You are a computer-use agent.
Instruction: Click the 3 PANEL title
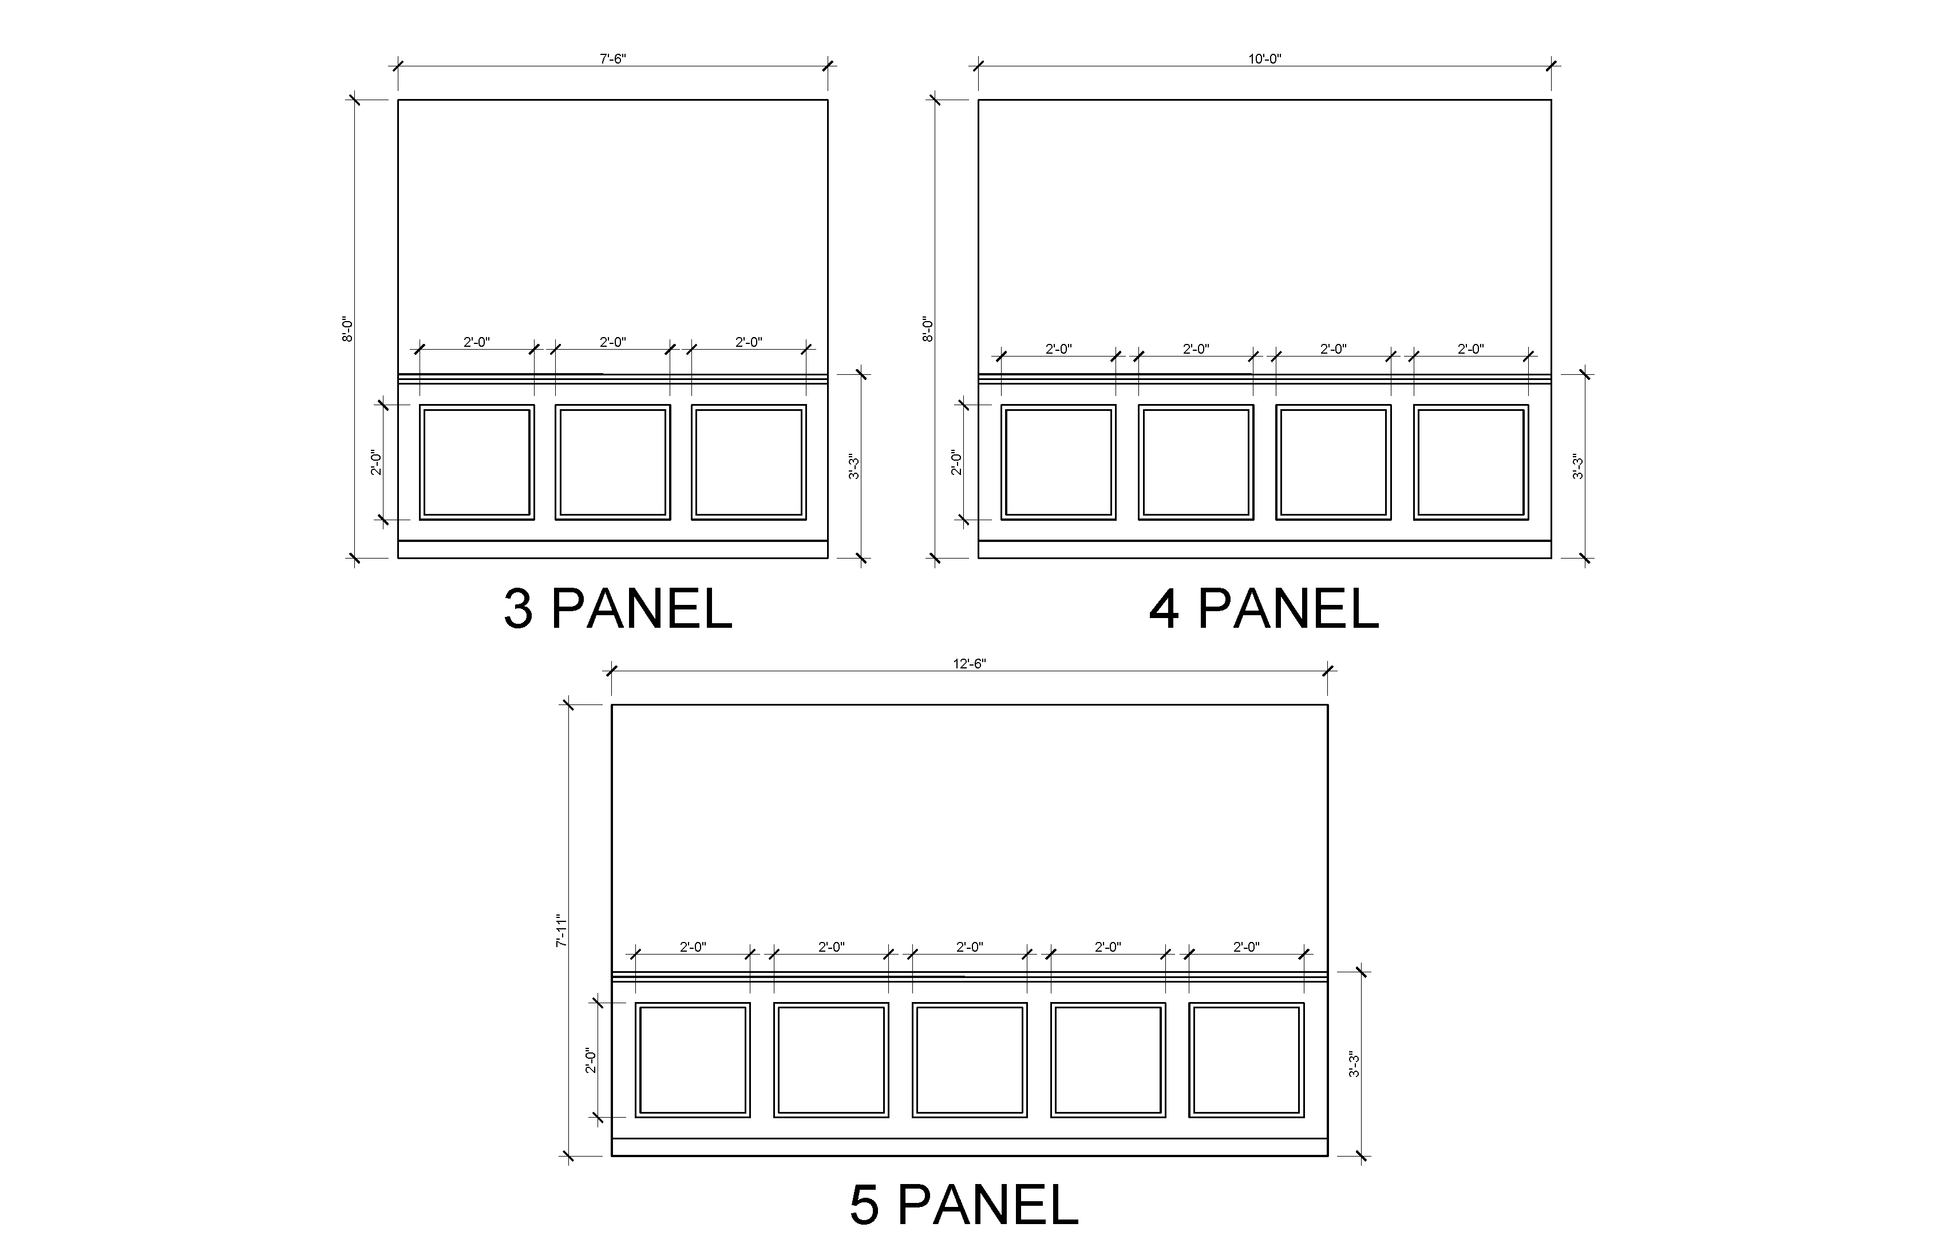(x=618, y=609)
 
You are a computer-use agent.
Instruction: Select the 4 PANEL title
(x=1264, y=609)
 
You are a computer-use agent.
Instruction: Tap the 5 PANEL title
(x=964, y=1205)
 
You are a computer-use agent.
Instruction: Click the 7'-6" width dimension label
(x=613, y=59)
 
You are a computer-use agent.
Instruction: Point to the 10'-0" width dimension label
(x=1265, y=59)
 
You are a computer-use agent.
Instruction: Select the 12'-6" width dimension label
(x=970, y=664)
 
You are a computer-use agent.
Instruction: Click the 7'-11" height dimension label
(x=562, y=931)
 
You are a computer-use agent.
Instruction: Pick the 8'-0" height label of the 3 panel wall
(x=347, y=329)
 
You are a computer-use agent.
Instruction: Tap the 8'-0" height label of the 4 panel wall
(x=927, y=329)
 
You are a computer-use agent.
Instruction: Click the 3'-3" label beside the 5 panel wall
(x=1355, y=1064)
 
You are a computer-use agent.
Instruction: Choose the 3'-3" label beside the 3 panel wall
(x=854, y=467)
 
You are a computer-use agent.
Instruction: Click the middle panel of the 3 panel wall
(x=613, y=462)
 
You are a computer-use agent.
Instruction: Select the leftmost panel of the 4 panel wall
(x=1058, y=462)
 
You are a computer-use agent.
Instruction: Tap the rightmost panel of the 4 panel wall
(x=1471, y=462)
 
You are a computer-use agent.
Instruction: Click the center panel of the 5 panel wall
(x=970, y=1059)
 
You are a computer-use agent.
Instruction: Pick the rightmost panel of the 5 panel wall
(x=1247, y=1059)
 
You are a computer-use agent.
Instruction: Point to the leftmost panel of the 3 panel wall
(x=476, y=462)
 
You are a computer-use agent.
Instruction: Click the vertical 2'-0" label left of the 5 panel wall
(x=591, y=1060)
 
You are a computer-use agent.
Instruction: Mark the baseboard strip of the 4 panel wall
(x=1265, y=549)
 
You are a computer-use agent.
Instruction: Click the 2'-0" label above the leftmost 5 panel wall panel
(x=693, y=946)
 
